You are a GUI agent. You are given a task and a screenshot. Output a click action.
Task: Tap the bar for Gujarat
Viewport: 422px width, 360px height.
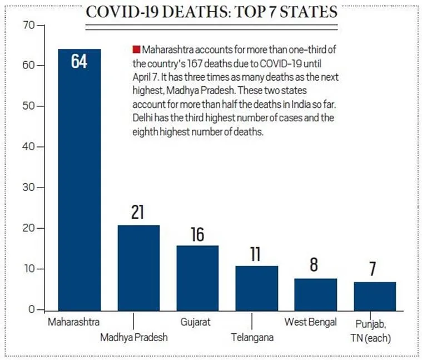pos(197,278)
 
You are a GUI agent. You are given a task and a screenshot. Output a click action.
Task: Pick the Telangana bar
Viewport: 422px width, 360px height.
pos(256,288)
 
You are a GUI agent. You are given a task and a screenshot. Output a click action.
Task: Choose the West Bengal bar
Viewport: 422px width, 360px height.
pos(315,294)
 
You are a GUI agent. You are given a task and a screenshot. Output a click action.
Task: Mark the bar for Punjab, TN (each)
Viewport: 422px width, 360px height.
pos(374,296)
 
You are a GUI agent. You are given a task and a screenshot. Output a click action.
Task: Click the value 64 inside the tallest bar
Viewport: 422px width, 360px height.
pos(80,61)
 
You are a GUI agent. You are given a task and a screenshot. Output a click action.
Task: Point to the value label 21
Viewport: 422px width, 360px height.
pos(138,213)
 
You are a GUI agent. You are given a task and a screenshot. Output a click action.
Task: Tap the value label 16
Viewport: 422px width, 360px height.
pos(197,234)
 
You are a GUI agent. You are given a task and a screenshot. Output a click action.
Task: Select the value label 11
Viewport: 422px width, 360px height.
pos(256,254)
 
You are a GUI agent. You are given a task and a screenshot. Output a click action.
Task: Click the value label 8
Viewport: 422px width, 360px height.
pos(315,265)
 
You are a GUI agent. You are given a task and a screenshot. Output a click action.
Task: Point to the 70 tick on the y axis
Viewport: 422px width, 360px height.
pos(28,25)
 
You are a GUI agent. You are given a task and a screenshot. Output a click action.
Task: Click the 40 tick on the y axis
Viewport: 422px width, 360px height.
pos(28,147)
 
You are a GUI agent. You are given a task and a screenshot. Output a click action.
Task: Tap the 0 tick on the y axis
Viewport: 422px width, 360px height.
pos(31,309)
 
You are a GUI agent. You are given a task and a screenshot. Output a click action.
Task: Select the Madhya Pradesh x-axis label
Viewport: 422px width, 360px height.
pos(133,337)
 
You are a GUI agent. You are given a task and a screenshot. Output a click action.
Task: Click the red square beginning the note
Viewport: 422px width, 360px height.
pos(136,50)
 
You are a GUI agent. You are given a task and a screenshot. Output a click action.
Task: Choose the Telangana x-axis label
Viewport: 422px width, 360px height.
pos(252,337)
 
